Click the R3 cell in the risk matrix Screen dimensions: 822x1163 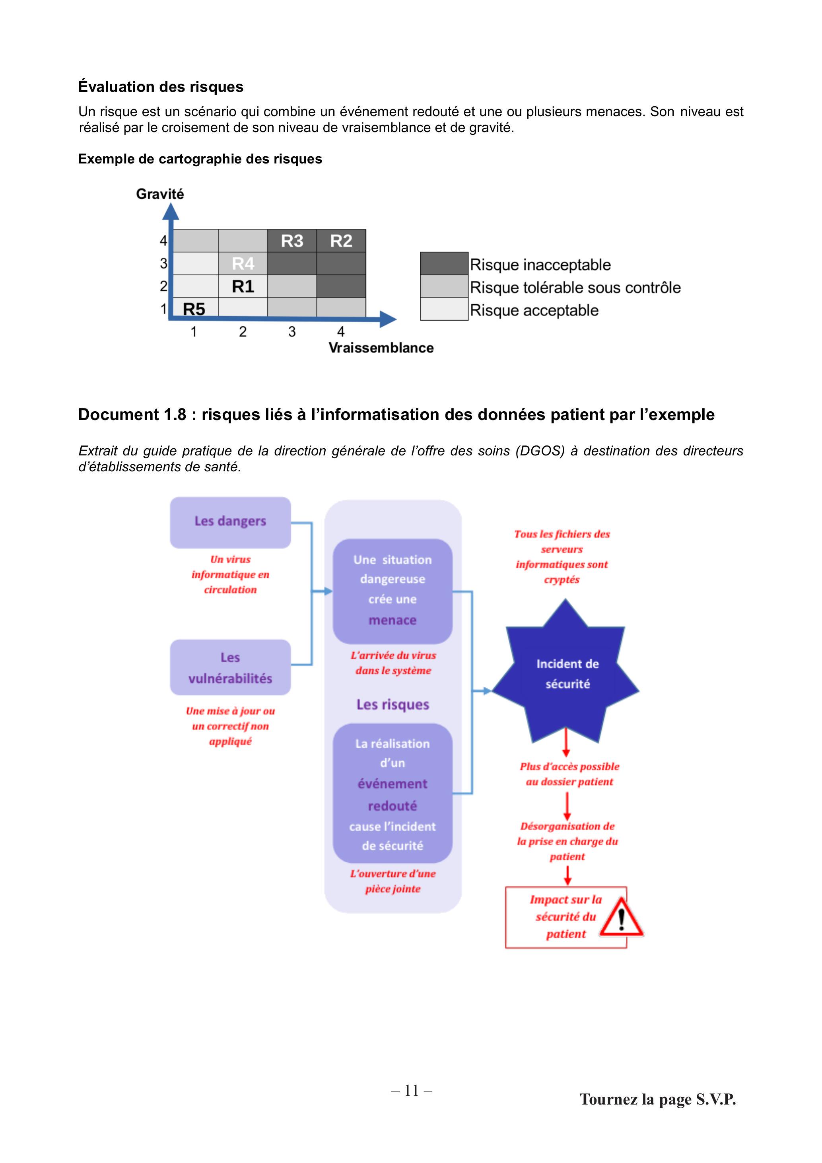292,241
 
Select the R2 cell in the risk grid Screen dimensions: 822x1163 341,241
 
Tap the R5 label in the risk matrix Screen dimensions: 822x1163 194,309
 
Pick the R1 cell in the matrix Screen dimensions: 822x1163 243,286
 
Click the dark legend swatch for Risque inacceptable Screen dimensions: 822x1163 444,263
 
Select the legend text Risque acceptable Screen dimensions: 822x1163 534,310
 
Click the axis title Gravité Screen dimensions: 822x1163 160,194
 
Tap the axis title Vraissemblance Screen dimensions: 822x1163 381,348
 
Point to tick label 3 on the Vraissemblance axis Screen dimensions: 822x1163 292,332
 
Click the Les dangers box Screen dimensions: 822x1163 230,522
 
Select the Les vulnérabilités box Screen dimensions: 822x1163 230,667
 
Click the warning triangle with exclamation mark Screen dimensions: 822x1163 622,917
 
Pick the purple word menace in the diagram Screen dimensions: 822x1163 393,620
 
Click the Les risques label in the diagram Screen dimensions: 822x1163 393,704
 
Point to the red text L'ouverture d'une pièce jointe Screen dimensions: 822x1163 393,881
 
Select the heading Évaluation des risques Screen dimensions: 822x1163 161,87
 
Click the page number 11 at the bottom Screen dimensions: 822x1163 412,1090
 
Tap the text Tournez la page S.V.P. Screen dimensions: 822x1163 658,1099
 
